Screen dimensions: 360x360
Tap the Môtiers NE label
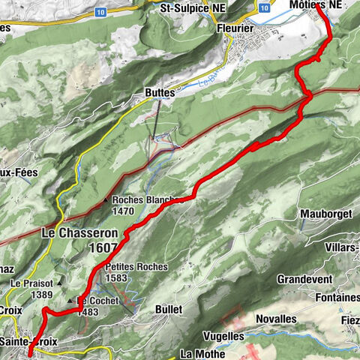[x=313, y=4]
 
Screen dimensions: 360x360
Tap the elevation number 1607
[x=103, y=247]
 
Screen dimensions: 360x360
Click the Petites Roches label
[x=135, y=266]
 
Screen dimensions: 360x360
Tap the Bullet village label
[x=169, y=308]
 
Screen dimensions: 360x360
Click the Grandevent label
[x=304, y=279]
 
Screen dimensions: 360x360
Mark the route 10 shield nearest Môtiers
[x=263, y=7]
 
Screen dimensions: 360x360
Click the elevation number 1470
[x=124, y=212]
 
